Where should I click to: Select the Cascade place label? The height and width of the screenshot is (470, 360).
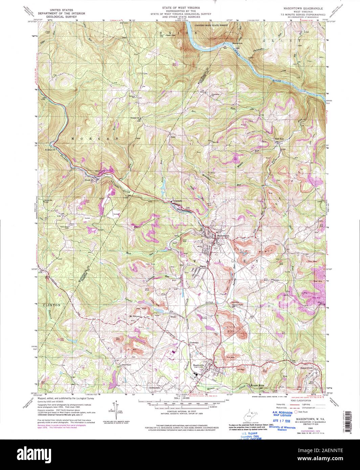tap(178, 201)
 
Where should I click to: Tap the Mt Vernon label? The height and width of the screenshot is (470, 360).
tap(135, 316)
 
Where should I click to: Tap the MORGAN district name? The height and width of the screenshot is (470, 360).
tap(95, 139)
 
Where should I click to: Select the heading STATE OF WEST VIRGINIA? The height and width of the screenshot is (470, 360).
tap(180, 7)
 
